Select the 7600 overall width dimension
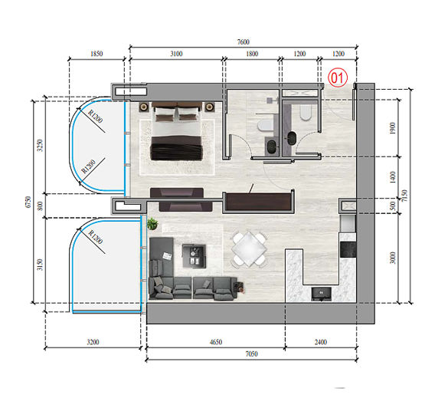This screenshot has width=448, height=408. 244,43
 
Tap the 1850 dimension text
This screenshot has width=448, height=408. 96,54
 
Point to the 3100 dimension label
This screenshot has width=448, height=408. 175,54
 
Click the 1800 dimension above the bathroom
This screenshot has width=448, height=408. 251,54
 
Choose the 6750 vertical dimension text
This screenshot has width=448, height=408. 28,205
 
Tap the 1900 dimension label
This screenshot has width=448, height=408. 393,129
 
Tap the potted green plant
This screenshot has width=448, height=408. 152,224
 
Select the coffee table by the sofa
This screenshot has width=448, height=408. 194,254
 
